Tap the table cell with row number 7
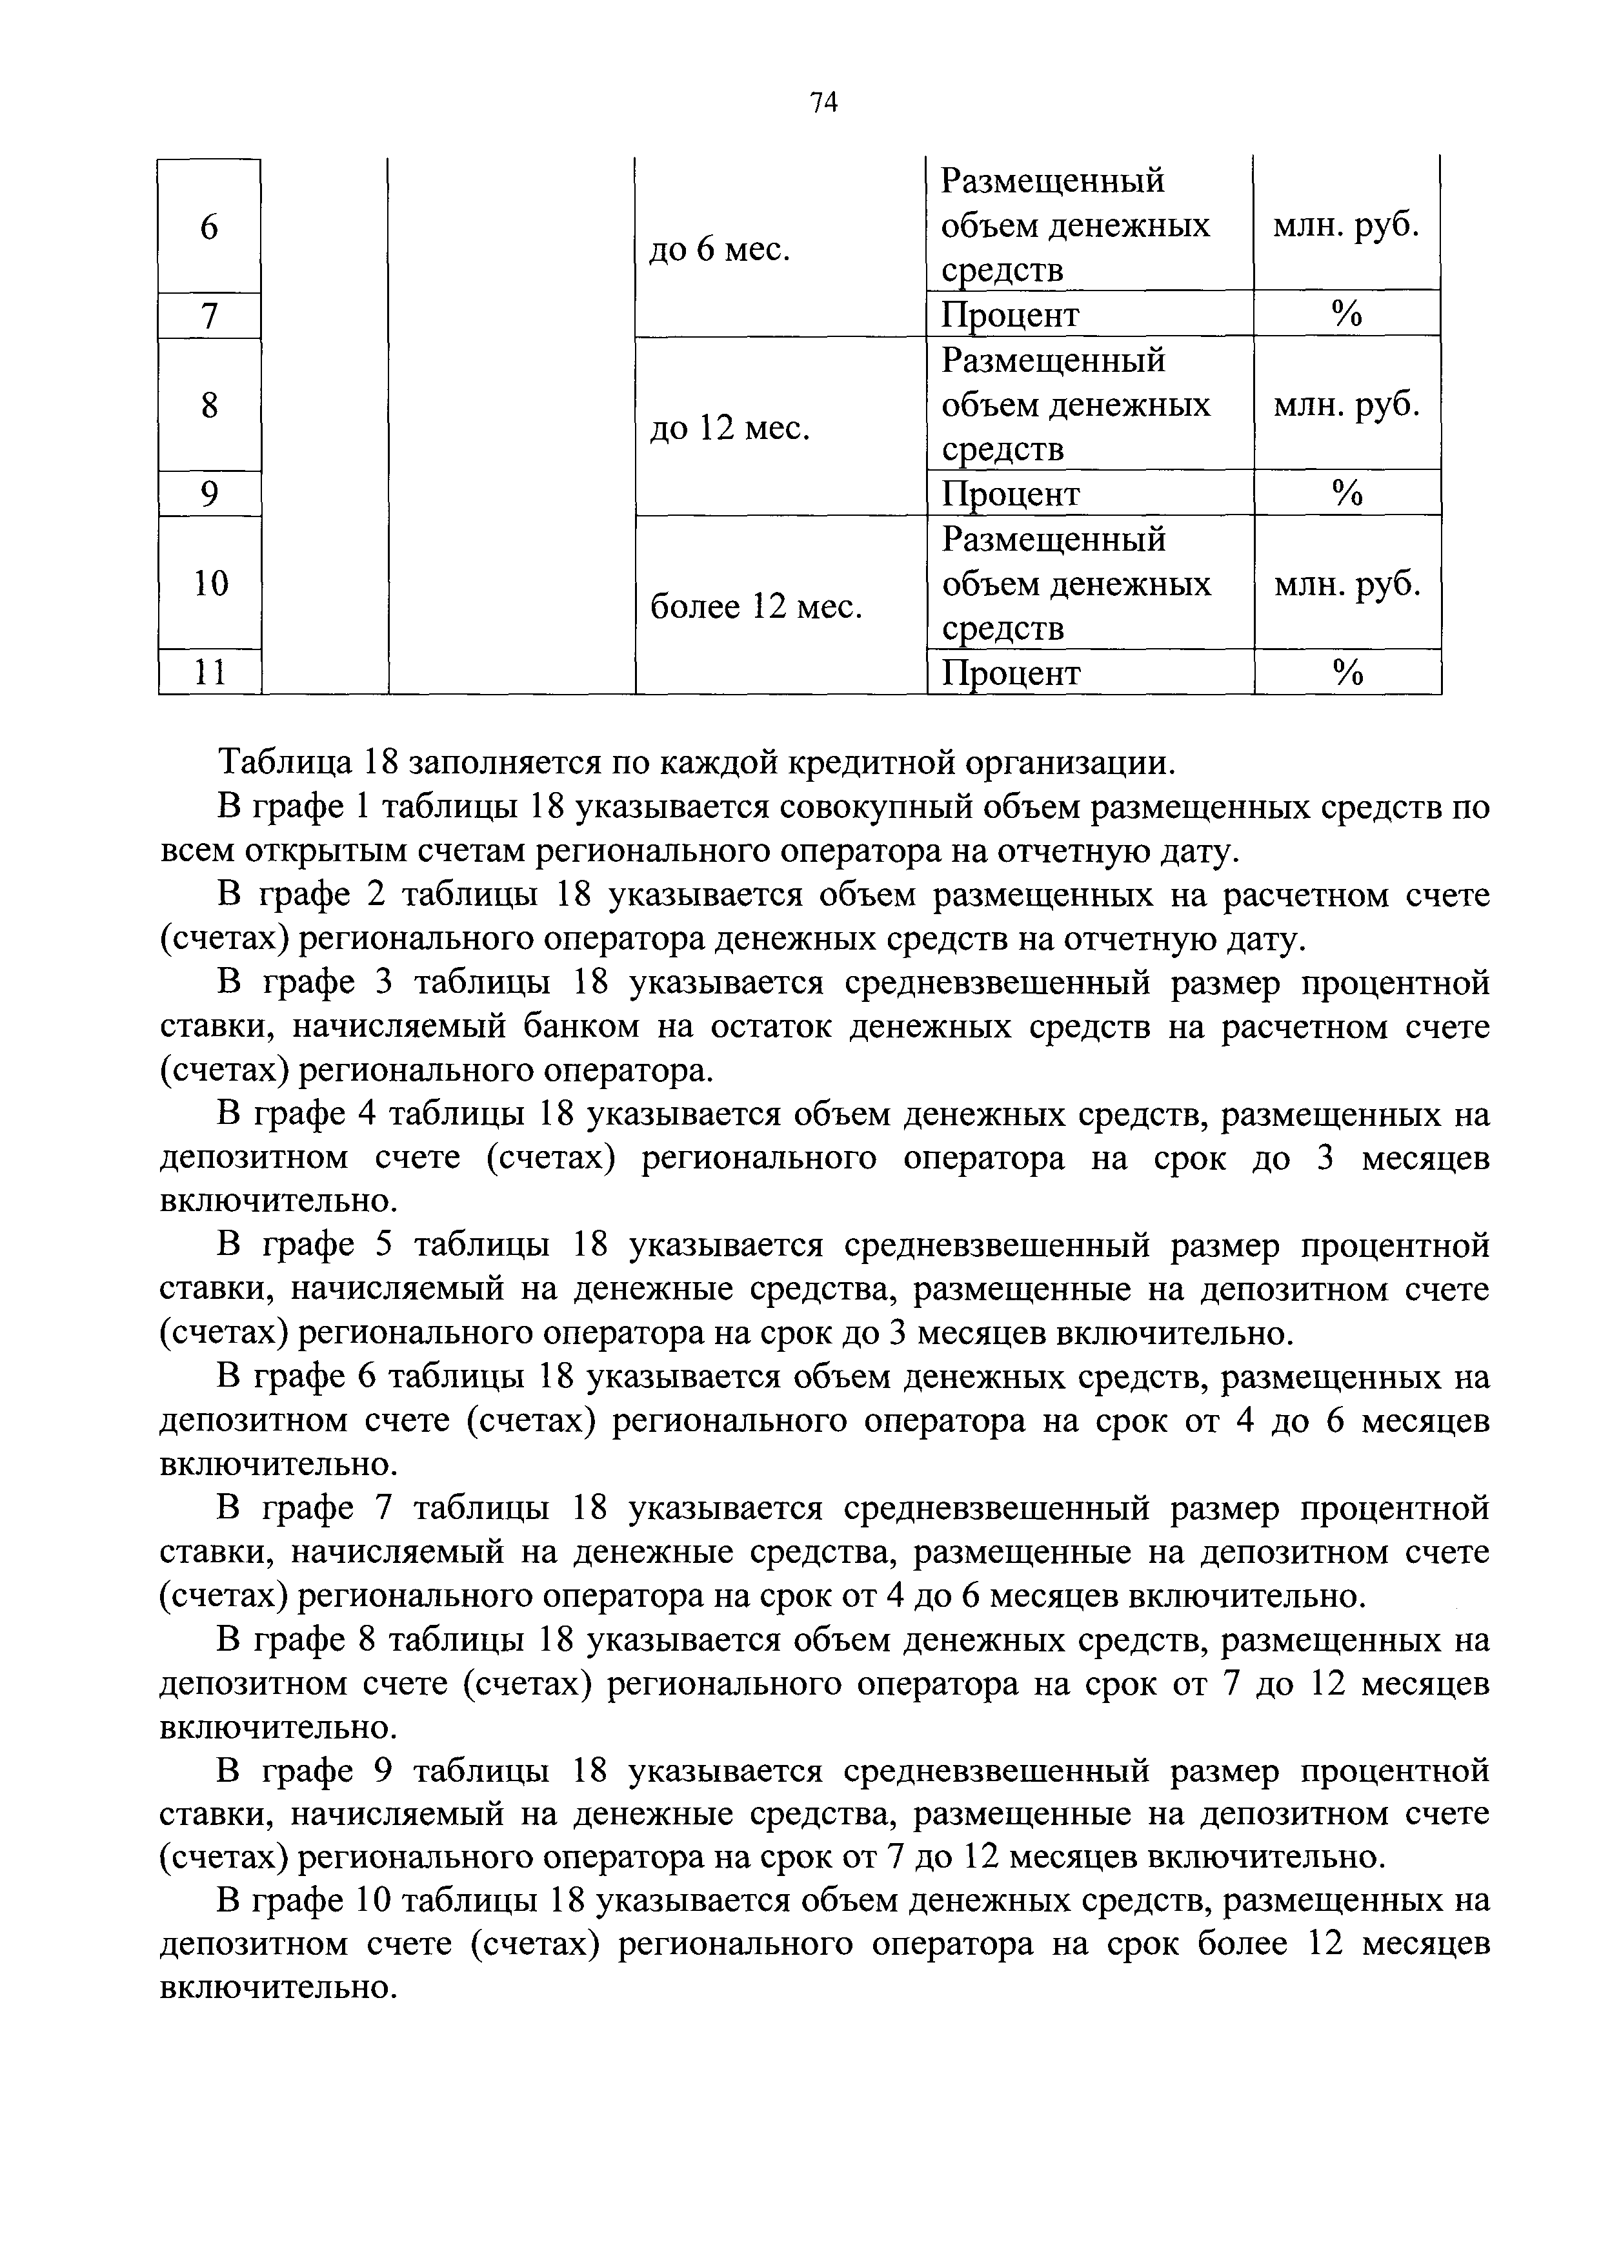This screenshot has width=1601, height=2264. tap(209, 316)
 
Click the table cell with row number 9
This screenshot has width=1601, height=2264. tap(209, 494)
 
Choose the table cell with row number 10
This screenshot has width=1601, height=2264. tap(210, 584)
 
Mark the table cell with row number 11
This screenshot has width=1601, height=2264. tap(209, 673)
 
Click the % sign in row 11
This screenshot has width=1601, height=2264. tap(1347, 673)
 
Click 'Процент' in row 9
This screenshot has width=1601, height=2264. tap(1011, 494)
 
